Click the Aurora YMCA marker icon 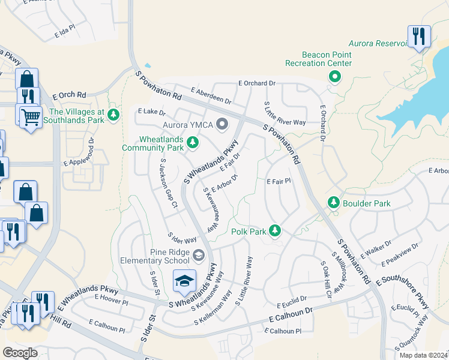223,125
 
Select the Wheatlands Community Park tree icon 193,142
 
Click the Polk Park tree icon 275,230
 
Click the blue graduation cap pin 185,280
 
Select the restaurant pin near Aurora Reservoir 418,36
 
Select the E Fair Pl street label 279,180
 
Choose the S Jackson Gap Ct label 167,184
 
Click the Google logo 20,353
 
